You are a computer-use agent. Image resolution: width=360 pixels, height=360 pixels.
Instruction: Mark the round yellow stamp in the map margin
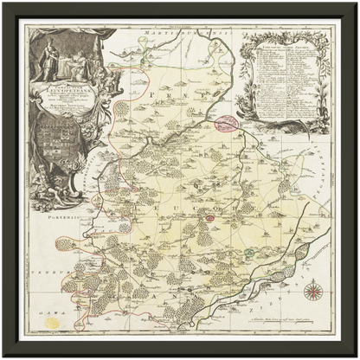[x=54, y=322]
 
